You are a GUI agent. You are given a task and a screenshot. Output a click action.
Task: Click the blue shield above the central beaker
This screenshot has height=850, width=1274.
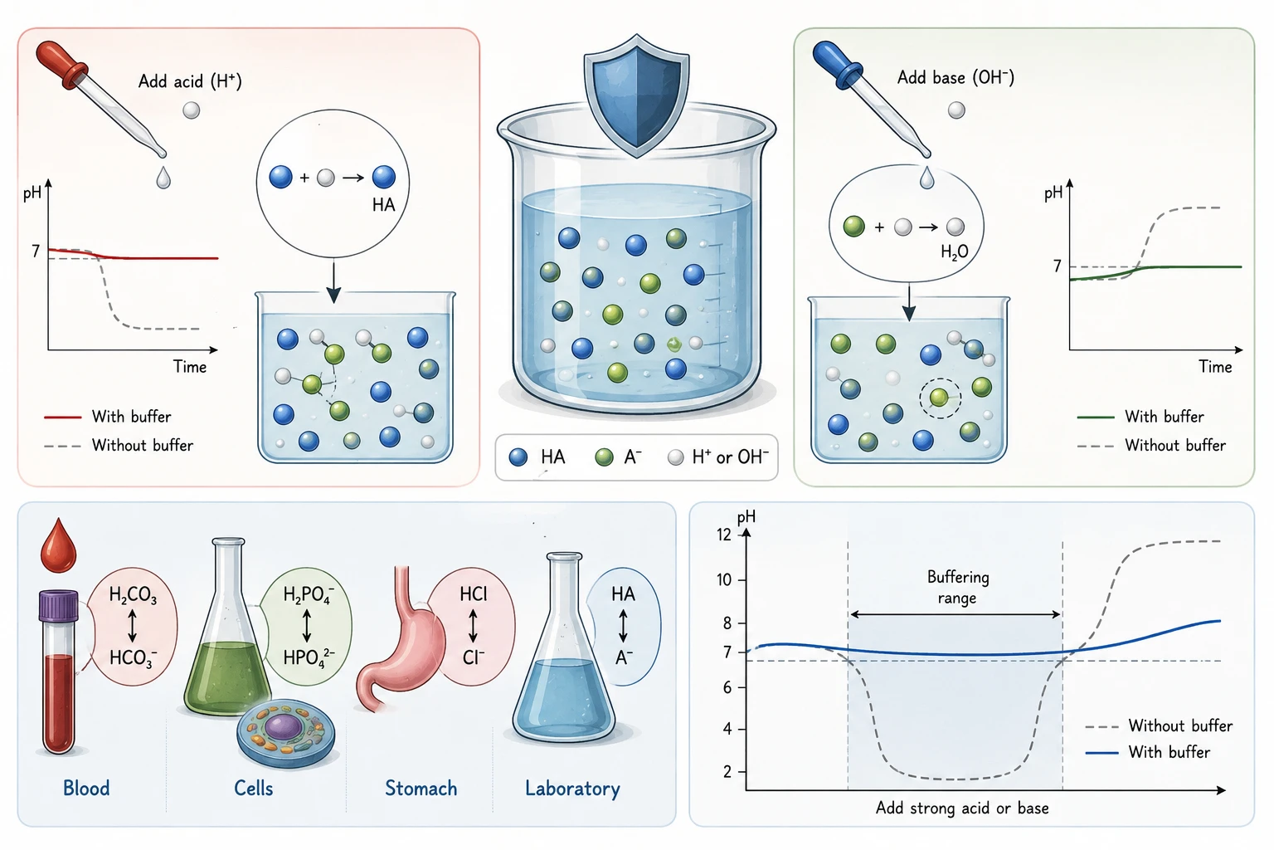(636, 95)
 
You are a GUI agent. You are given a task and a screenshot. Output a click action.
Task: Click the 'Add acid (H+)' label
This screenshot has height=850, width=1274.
(190, 81)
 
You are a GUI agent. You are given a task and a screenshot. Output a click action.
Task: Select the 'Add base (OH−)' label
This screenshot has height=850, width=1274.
(955, 77)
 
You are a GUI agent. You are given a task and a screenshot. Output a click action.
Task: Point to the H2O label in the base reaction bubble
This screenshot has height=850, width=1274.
(955, 252)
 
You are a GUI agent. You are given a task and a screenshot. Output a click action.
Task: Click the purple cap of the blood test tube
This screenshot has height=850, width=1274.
(59, 605)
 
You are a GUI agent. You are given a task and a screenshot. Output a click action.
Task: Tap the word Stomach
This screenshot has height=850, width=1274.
(421, 789)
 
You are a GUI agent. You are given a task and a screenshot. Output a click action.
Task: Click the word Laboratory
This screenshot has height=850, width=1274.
(572, 789)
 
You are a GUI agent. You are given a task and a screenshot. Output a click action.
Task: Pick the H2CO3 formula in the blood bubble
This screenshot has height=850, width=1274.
(133, 595)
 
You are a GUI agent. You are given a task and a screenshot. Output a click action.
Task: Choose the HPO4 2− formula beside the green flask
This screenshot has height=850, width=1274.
(309, 657)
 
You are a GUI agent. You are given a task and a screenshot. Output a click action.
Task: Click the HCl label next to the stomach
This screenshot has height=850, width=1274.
(474, 594)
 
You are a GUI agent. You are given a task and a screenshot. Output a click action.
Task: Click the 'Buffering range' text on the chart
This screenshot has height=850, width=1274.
(958, 587)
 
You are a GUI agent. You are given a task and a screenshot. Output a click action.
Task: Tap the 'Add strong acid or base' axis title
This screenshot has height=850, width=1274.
(962, 808)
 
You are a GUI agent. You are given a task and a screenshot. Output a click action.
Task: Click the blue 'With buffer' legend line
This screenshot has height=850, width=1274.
(1101, 753)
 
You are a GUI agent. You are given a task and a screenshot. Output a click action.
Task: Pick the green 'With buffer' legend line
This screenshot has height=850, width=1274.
(1096, 418)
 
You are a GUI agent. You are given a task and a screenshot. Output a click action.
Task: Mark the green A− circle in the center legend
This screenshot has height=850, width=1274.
(604, 457)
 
